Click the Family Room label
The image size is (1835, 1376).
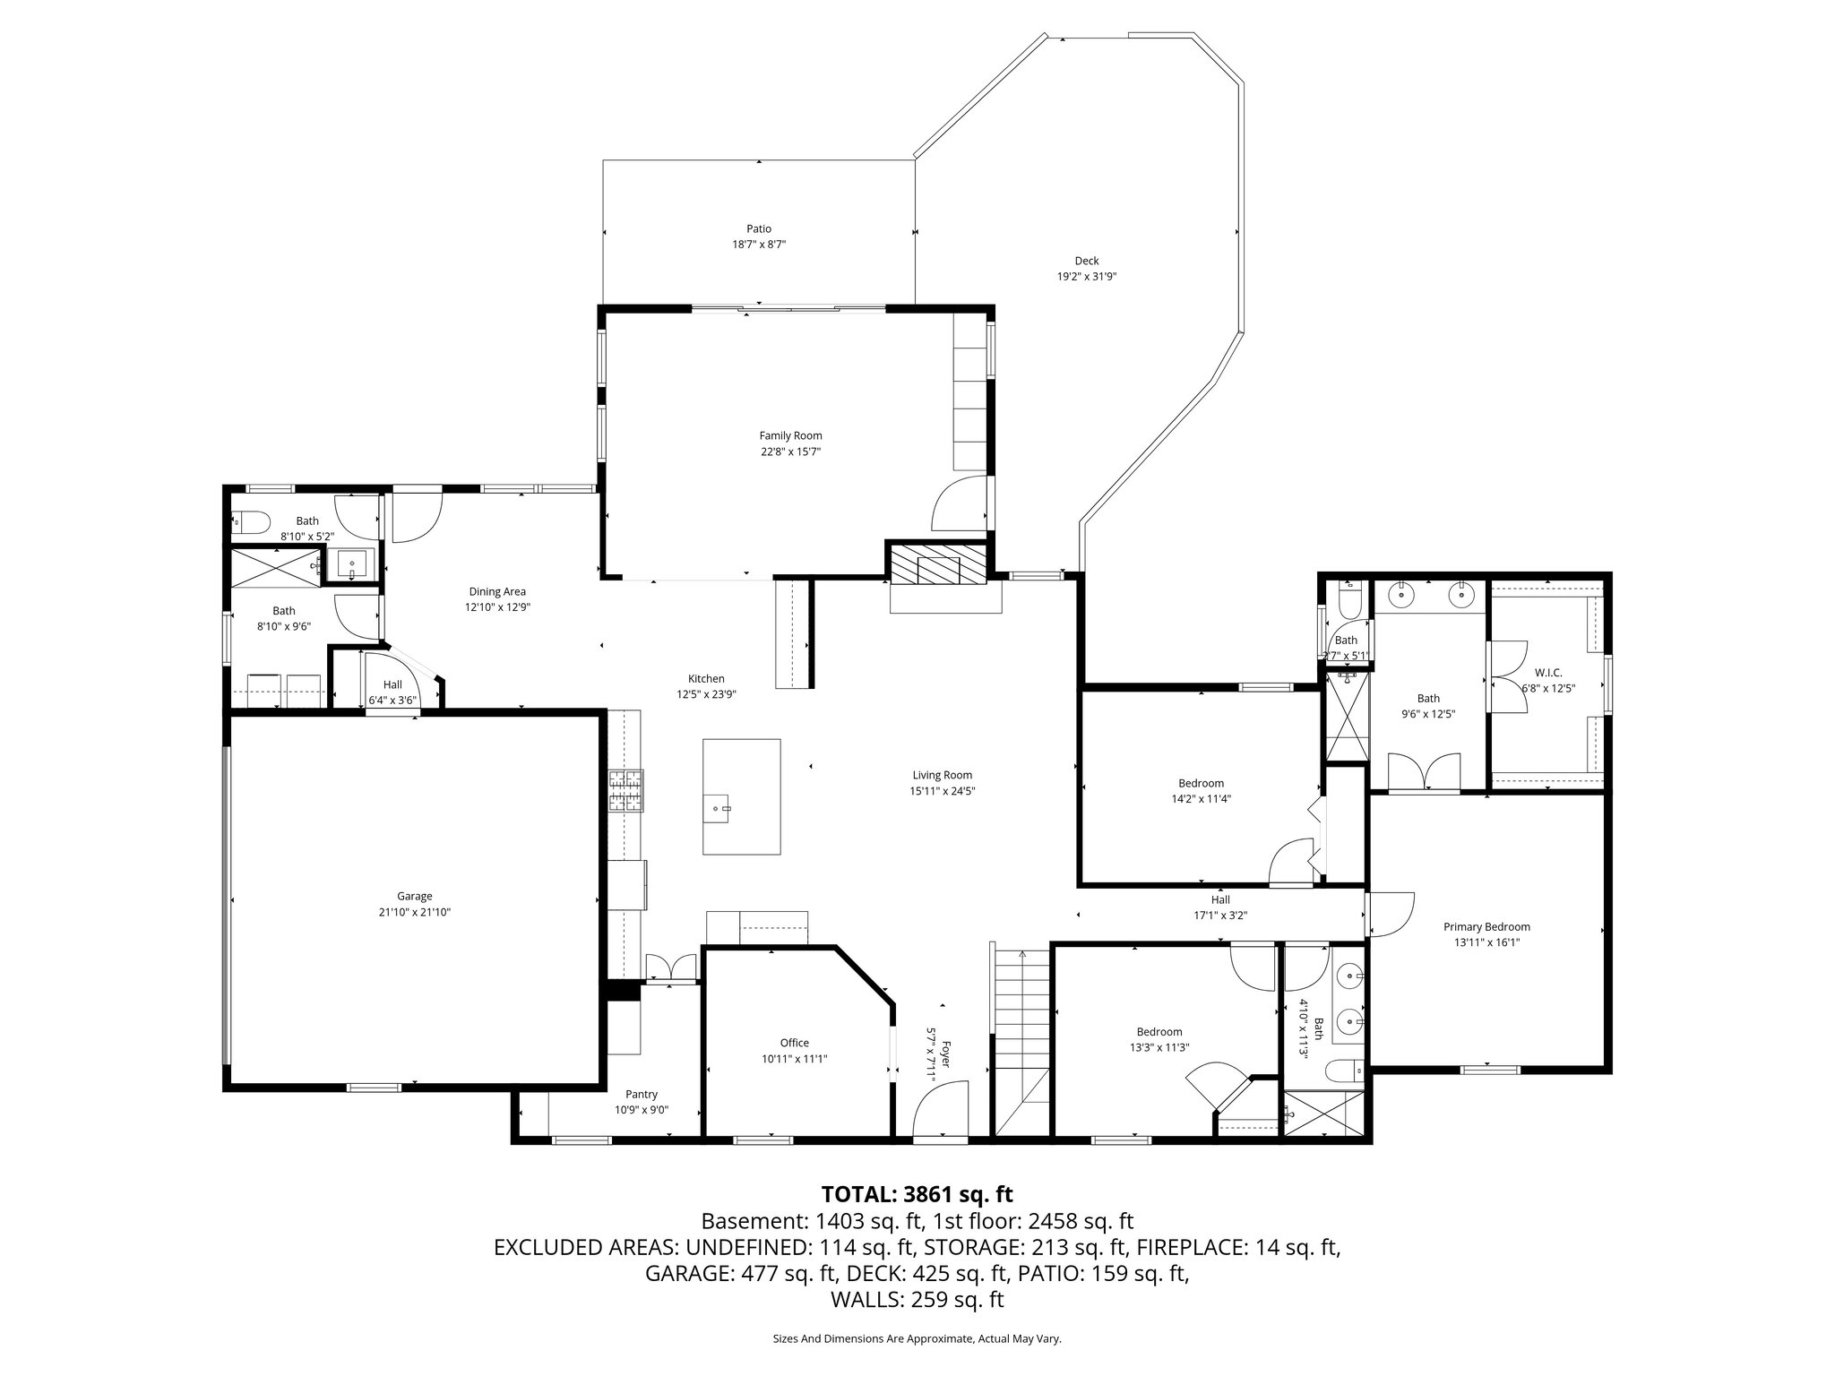point(790,436)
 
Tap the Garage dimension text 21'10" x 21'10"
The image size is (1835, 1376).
point(414,912)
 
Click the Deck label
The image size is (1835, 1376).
point(1086,261)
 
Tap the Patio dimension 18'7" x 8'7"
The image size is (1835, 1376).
point(759,244)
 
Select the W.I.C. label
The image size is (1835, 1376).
point(1547,672)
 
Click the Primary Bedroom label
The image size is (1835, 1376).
point(1486,927)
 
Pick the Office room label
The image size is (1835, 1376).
point(794,1043)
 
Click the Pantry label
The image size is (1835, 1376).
point(642,1094)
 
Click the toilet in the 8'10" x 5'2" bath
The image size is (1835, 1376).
point(250,521)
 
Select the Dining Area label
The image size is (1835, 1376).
point(497,591)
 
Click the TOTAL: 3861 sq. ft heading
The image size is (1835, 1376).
point(917,1194)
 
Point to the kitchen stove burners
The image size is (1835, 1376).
point(626,790)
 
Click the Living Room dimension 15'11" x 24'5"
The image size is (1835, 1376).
point(942,791)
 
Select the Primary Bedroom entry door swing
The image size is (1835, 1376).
point(1391,914)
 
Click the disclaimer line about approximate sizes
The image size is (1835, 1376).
point(917,1338)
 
